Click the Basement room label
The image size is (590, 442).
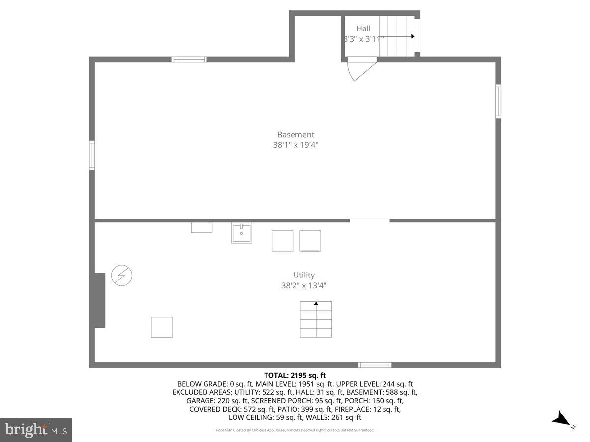coord(295,134)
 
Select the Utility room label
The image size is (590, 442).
coord(304,275)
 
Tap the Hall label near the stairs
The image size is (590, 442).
coord(364,28)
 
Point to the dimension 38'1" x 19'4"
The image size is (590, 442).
coord(295,145)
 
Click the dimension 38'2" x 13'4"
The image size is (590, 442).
coord(304,285)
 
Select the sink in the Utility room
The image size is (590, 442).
coord(241,233)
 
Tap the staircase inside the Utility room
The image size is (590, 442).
coord(316,319)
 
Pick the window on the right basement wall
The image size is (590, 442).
coord(498,102)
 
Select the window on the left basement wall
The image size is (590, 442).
coord(92,156)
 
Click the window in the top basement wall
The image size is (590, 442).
coord(189,59)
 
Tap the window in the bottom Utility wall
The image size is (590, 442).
coord(375,365)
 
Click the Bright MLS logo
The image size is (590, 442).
coord(36,430)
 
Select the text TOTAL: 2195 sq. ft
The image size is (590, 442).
coord(295,375)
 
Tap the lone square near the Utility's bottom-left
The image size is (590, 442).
coord(162,327)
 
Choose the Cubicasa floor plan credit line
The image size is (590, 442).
coord(295,430)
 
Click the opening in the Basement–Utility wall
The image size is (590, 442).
coord(370,221)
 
